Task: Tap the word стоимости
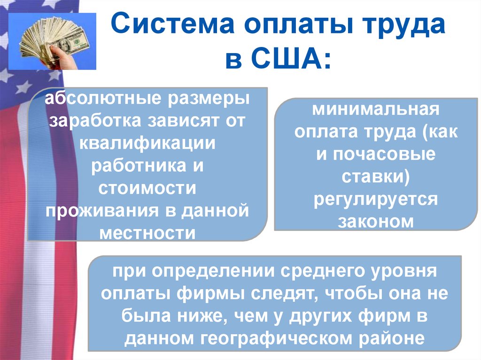(147, 189)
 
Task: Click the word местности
(147, 232)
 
